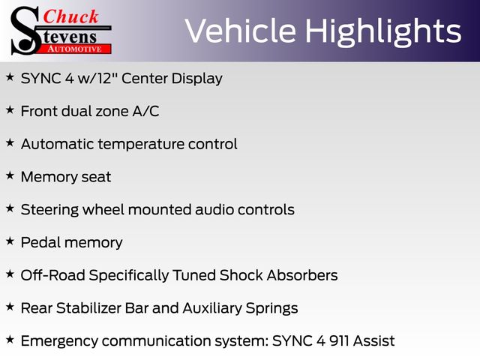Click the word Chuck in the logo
tap(71, 16)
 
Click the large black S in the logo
tap(25, 31)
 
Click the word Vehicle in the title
tap(240, 31)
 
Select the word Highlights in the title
tap(383, 32)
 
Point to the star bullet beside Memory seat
tap(10, 175)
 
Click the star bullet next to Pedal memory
tap(10, 241)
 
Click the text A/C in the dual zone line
tap(145, 111)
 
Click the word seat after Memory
tap(96, 177)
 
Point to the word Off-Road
tap(52, 275)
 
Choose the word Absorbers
tap(302, 275)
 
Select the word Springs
tap(271, 309)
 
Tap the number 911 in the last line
tap(339, 340)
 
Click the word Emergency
tap(59, 342)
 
